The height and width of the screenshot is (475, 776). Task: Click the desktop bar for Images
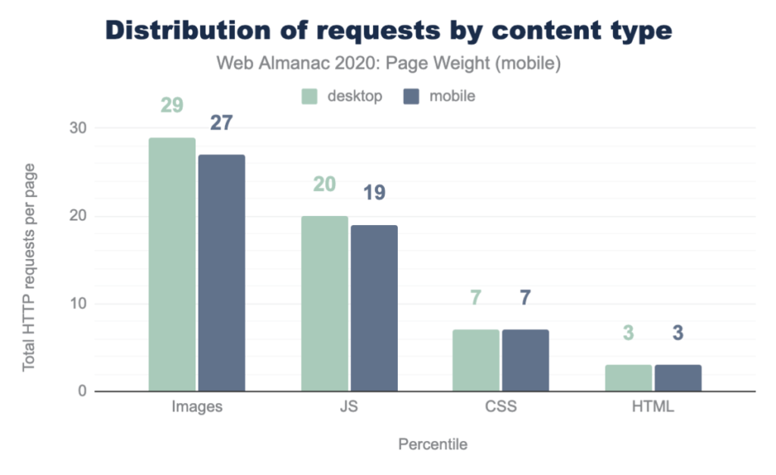pyautogui.click(x=172, y=264)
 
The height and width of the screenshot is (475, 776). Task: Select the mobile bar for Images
pyautogui.click(x=221, y=273)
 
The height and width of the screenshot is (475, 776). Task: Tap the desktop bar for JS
pyautogui.click(x=324, y=304)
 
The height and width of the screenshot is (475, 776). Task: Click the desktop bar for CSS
pyautogui.click(x=477, y=361)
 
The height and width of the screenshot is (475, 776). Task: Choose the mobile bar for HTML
pyautogui.click(x=678, y=378)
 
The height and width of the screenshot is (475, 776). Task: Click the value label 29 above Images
pyautogui.click(x=172, y=105)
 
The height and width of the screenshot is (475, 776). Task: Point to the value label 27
pyautogui.click(x=221, y=123)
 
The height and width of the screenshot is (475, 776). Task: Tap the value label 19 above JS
pyautogui.click(x=374, y=192)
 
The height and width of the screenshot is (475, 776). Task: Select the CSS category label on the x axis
pyautogui.click(x=500, y=407)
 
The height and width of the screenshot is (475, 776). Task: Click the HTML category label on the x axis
pyautogui.click(x=652, y=407)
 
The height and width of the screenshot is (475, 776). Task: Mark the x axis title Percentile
pyautogui.click(x=433, y=445)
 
